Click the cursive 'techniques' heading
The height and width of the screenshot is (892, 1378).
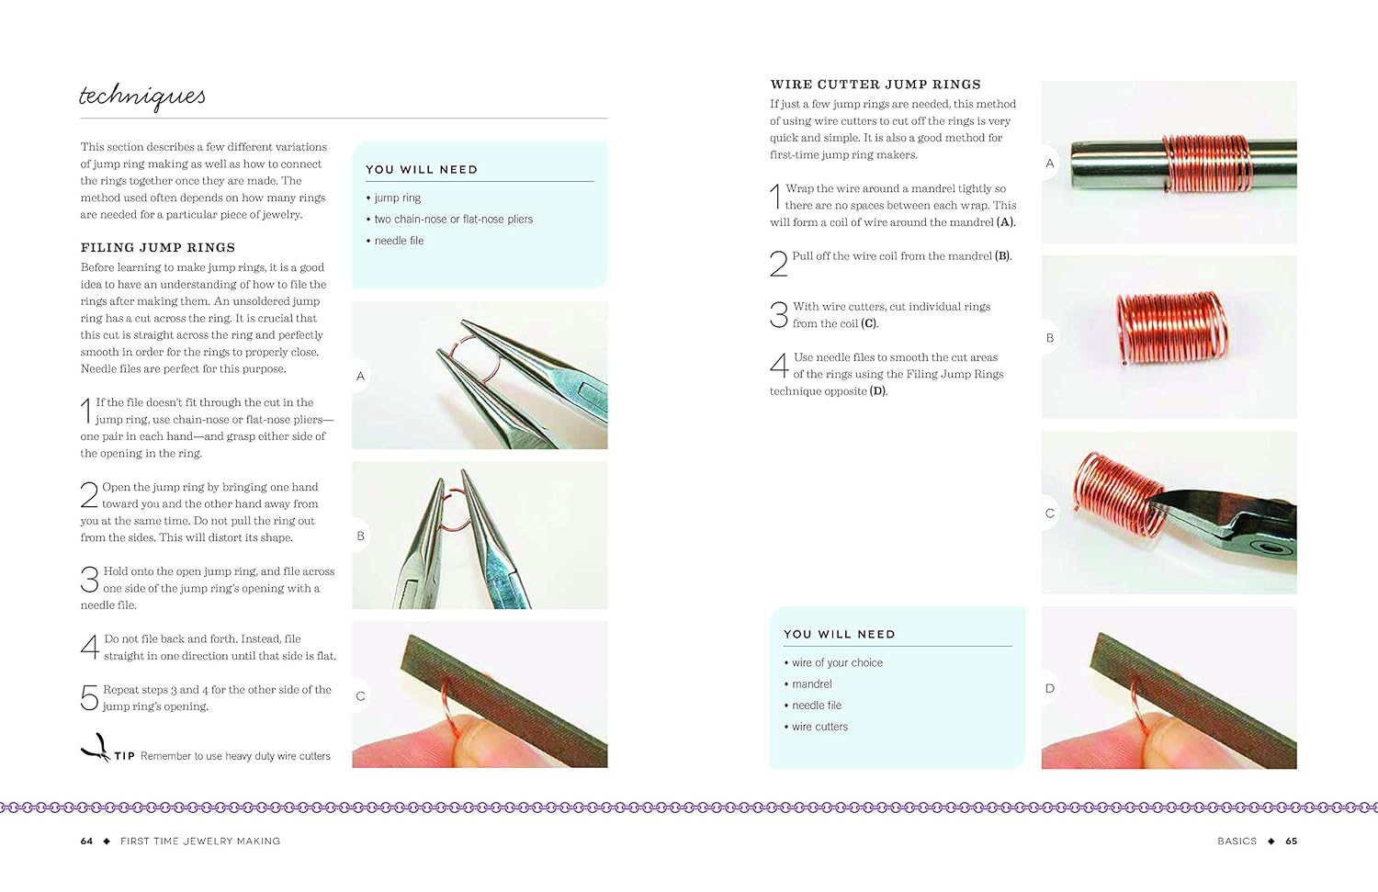click(x=142, y=96)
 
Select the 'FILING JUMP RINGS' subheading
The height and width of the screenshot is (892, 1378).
click(x=157, y=247)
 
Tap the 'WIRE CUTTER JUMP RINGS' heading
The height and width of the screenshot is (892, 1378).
click(x=875, y=85)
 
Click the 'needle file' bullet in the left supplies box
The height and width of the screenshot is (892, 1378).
click(x=399, y=241)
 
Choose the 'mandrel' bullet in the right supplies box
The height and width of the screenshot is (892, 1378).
click(x=811, y=684)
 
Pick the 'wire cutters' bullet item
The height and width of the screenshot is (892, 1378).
click(x=819, y=727)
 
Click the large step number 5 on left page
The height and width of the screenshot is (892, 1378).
click(x=89, y=698)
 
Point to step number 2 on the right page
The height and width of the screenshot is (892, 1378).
click(x=778, y=264)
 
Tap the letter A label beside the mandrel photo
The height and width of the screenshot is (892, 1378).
click(x=1049, y=164)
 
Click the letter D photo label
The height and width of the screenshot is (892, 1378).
click(x=1049, y=688)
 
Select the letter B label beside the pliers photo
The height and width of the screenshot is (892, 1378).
click(x=360, y=536)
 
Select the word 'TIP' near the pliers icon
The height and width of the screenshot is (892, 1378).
click(x=125, y=757)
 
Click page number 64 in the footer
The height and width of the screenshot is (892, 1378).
click(x=86, y=841)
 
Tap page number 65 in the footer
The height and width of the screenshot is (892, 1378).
click(x=1291, y=841)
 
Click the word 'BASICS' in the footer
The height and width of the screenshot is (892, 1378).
click(x=1237, y=841)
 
